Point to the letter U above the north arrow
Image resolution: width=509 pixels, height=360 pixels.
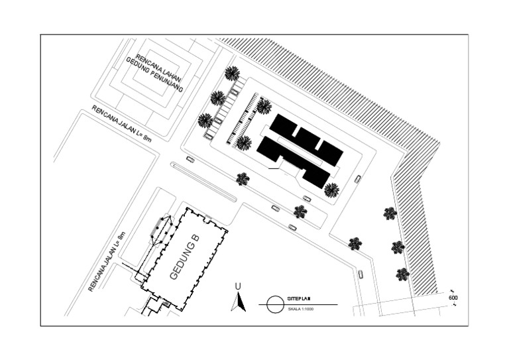(x=237, y=286)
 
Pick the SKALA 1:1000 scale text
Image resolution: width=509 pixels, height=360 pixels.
(x=301, y=310)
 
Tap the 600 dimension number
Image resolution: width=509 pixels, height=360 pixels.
(x=453, y=298)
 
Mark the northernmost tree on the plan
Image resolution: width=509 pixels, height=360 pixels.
(x=232, y=73)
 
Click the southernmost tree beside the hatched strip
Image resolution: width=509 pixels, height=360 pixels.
(x=402, y=274)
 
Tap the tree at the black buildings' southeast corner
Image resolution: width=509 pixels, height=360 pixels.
(x=331, y=190)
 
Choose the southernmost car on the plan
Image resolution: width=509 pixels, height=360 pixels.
(x=361, y=274)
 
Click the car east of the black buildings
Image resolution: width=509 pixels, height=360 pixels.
(x=358, y=178)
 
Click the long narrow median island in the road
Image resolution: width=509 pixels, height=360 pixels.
(x=203, y=182)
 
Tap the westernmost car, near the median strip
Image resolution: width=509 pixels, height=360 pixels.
(x=191, y=159)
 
